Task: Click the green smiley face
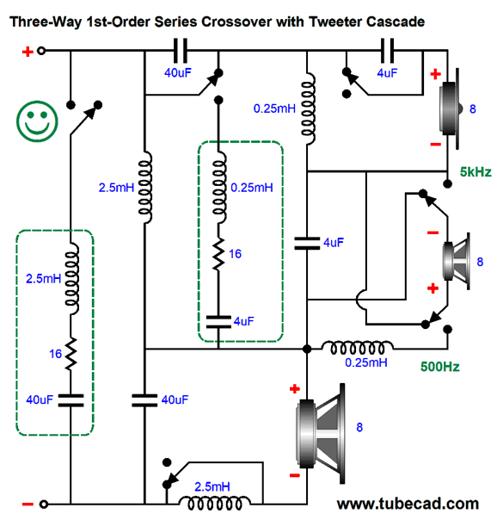click(37, 121)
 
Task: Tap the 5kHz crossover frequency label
click(476, 172)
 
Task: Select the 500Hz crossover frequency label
click(439, 367)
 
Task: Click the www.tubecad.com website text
click(408, 504)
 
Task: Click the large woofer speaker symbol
click(321, 433)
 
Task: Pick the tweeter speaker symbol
click(451, 108)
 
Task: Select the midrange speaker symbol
click(457, 261)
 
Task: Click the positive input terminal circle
click(41, 51)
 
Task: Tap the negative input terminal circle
click(44, 504)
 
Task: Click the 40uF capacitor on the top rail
click(180, 51)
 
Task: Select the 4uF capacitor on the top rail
click(387, 51)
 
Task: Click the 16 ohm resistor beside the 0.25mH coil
click(218, 254)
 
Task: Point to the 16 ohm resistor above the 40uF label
click(71, 354)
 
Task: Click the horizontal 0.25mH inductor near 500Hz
click(357, 348)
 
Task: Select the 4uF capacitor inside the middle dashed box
click(218, 322)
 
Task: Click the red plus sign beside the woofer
click(295, 389)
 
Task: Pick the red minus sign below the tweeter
click(435, 145)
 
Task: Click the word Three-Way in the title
click(46, 22)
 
